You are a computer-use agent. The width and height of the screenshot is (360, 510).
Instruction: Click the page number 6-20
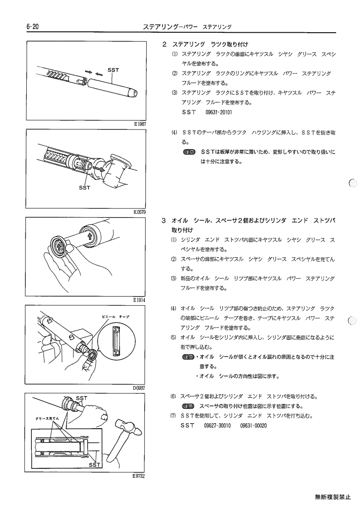pos(33,27)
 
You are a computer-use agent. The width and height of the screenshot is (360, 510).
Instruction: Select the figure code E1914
pos(139,300)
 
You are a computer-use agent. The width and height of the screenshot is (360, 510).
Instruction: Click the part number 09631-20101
pos(219,113)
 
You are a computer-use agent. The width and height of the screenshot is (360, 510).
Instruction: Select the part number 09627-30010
pos(217,426)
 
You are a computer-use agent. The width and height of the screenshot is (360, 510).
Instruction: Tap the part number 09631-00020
pos(253,426)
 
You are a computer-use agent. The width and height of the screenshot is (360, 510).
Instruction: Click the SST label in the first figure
pos(113,70)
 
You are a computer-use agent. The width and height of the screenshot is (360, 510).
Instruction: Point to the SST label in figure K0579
pos(84,188)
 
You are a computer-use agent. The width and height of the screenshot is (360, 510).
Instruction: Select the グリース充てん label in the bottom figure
pos(47,418)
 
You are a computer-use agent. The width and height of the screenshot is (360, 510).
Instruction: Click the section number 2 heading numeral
pos(164,44)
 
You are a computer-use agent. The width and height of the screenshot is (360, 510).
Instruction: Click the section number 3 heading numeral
pos(164,221)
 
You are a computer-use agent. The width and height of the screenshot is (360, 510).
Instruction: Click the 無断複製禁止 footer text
pos(333,497)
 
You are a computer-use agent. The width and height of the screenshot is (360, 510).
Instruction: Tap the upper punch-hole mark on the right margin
pos(353,183)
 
